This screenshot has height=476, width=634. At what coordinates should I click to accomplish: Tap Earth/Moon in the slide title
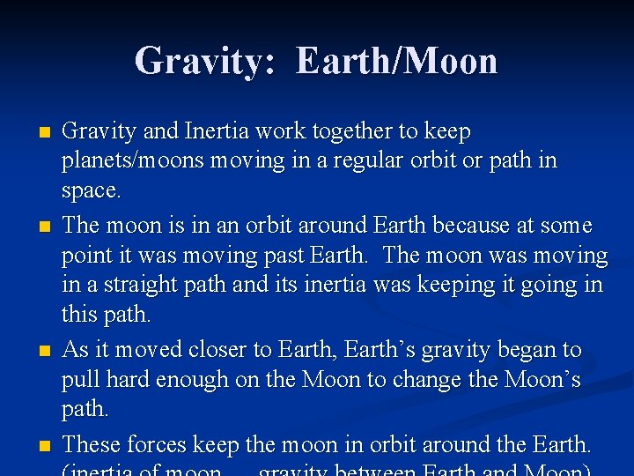click(397, 61)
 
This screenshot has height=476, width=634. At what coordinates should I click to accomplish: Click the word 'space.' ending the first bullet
click(91, 190)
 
